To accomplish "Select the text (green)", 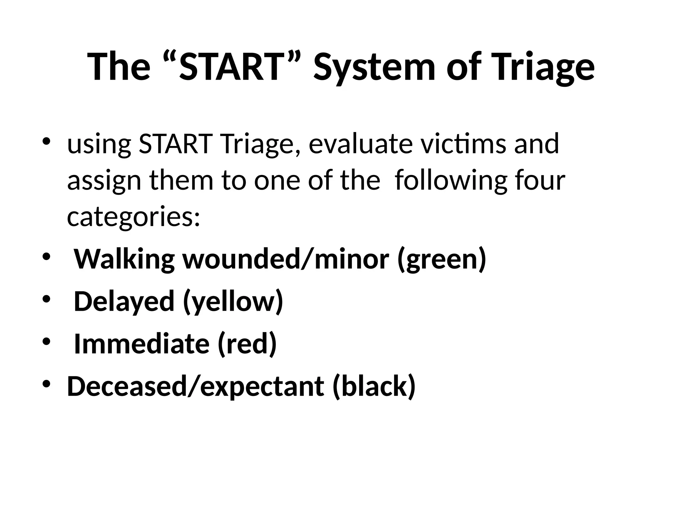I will coord(442,259).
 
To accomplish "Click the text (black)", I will coord(374,386).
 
